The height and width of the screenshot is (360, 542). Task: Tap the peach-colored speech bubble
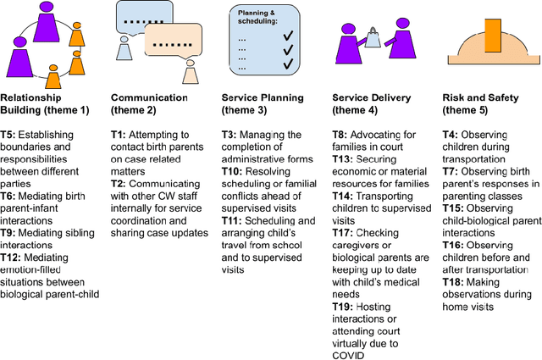[174, 42]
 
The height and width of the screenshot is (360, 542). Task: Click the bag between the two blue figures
[372, 36]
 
